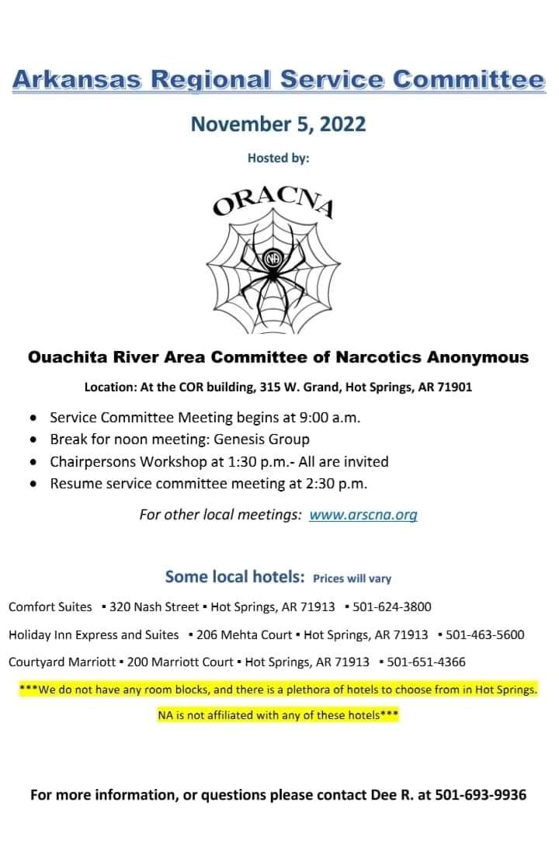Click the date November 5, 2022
pyautogui.click(x=278, y=123)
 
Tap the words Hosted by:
pyautogui.click(x=278, y=158)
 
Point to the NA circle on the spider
pyautogui.click(x=273, y=259)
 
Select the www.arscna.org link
pyautogui.click(x=363, y=514)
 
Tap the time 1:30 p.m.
pyautogui.click(x=234, y=461)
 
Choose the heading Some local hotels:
pyautogui.click(x=234, y=576)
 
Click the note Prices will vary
pyautogui.click(x=352, y=578)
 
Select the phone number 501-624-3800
pyautogui.click(x=392, y=606)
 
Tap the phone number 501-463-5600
pyautogui.click(x=485, y=634)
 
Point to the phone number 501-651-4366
pyautogui.click(x=426, y=662)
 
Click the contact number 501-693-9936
pyautogui.click(x=481, y=794)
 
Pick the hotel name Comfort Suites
pyautogui.click(x=50, y=606)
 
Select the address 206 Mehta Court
pyautogui.click(x=245, y=634)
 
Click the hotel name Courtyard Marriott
pyautogui.click(x=61, y=662)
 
